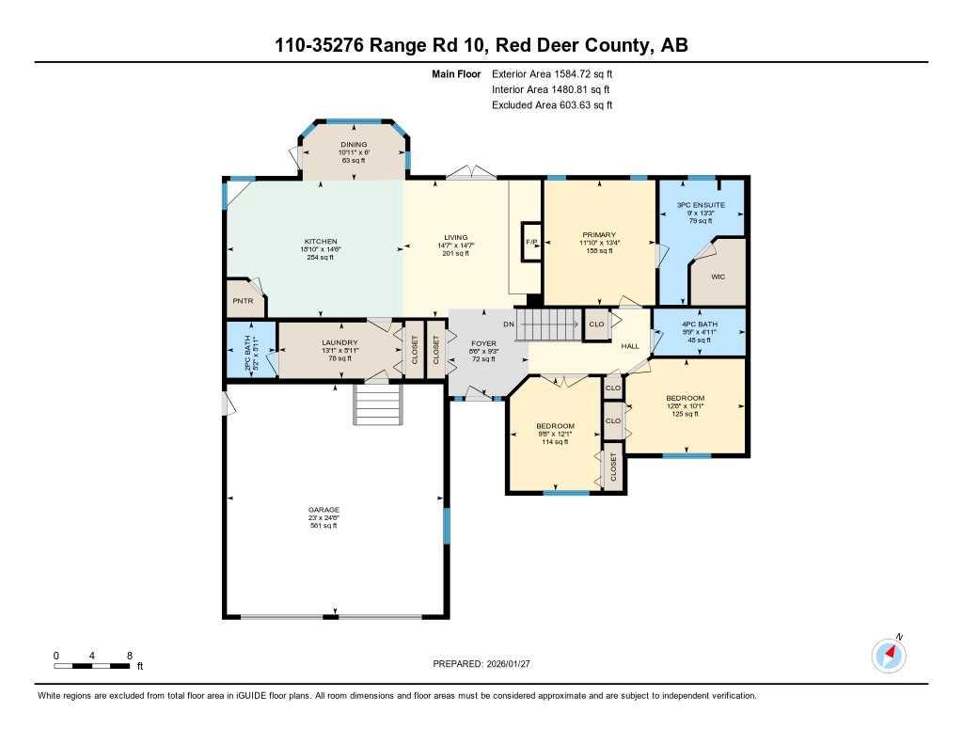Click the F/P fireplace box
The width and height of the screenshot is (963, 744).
tap(531, 242)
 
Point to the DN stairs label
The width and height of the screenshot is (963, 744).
tap(509, 324)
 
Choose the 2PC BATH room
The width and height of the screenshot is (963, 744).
tap(250, 348)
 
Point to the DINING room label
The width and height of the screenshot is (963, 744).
tap(354, 145)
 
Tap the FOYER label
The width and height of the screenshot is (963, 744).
tap(483, 343)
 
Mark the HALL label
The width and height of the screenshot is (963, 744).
tap(630, 345)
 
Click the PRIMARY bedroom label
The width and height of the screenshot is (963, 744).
tap(598, 234)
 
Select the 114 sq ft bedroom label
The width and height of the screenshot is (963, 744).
tap(555, 426)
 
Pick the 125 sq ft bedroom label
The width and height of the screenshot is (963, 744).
tap(686, 398)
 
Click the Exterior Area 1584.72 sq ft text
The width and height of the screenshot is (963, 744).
tap(552, 73)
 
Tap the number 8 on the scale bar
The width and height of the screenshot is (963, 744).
tap(129, 655)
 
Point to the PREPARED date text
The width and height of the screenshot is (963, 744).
tap(481, 663)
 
